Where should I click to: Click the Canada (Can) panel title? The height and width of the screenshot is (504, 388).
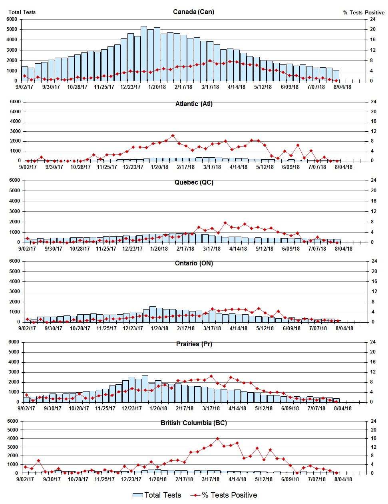pos(193,12)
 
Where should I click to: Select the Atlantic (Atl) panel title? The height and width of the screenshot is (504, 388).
pos(194,104)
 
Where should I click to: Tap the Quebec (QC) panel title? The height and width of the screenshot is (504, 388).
pos(194,183)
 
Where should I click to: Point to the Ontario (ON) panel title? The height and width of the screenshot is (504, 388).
pos(194,263)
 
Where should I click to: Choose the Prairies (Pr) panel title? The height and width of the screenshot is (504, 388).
pos(194,344)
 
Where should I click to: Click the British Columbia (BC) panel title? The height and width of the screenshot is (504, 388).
pos(194,423)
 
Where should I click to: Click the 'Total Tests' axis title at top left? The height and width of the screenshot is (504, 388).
pos(22,12)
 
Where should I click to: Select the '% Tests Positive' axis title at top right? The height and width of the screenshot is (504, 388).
pos(364,13)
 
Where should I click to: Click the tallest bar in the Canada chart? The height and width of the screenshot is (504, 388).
pos(144,54)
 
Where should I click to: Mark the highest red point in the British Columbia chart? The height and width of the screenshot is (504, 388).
pos(217,439)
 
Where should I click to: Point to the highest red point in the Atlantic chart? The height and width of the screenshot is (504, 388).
pos(173,136)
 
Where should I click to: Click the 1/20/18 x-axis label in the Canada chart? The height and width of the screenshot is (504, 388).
pos(157,87)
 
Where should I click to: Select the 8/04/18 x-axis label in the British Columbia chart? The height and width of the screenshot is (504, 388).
pos(343,479)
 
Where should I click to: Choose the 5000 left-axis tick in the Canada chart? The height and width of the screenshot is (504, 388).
pos(12,29)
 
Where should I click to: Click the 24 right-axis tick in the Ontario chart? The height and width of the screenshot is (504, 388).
pos(374,261)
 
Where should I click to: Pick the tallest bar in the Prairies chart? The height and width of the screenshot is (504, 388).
pos(145,388)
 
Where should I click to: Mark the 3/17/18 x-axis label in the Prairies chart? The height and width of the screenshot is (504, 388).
pos(211,408)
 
